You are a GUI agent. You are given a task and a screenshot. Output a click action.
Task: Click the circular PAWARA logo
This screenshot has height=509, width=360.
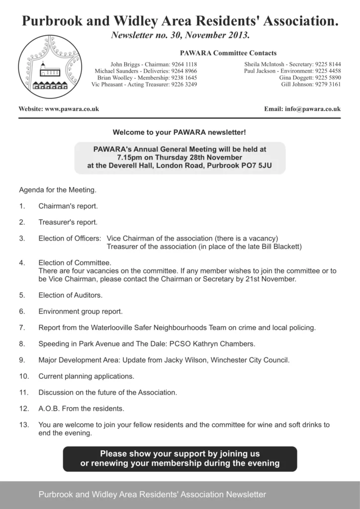click(50, 67)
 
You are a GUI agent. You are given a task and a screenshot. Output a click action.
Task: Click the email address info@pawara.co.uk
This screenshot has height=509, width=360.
click(312, 109)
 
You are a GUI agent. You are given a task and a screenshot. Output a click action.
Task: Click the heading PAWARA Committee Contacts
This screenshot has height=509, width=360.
click(227, 53)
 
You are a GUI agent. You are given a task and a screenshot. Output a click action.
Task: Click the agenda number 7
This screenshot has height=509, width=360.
click(22, 328)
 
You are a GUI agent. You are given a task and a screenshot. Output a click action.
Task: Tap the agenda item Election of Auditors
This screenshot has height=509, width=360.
click(70, 295)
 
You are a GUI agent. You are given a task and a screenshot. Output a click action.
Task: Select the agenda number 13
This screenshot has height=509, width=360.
click(24, 425)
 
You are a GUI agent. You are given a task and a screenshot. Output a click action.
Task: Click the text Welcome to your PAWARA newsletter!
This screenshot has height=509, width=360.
click(180, 133)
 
